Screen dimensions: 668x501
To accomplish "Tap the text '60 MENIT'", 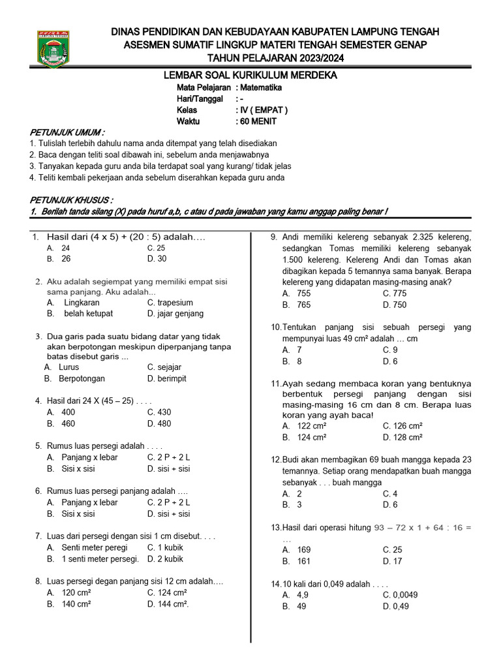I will pos(258,121).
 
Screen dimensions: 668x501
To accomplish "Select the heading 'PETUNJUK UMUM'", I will pos(67,132).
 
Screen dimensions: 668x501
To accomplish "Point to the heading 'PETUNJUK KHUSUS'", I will pos(71,200).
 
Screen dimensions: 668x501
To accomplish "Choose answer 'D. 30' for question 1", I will pos(157,259).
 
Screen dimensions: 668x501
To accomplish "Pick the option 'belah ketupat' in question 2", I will pos(88,314).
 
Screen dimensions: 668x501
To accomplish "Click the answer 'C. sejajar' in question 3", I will pos(164,367).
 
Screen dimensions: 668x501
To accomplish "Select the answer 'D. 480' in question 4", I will pos(159,423).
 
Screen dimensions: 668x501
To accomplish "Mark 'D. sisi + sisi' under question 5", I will pos(168,469).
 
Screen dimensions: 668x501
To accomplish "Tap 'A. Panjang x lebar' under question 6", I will pos(82,503).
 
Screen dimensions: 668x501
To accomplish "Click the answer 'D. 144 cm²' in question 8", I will pos(168,604).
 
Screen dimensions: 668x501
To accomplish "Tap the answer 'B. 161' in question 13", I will pos(296,561).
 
